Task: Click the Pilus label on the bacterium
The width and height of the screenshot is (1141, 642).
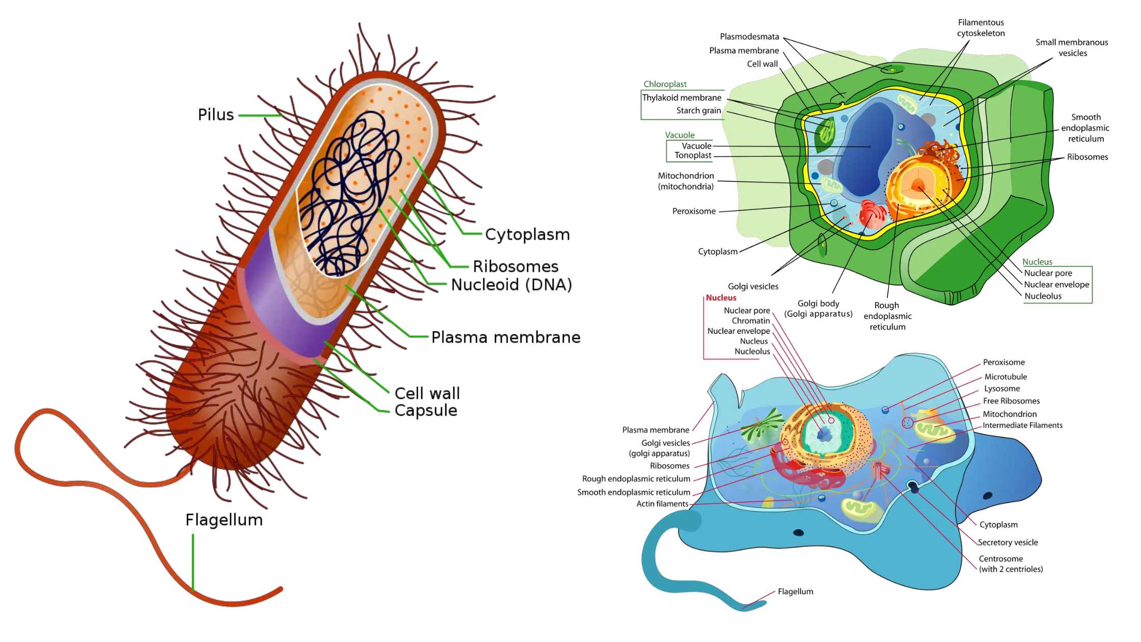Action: [215, 115]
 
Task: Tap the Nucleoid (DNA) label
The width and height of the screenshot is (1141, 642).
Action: [511, 284]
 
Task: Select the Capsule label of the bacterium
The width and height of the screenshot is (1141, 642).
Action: [425, 410]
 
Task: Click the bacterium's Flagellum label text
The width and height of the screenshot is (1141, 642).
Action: [224, 520]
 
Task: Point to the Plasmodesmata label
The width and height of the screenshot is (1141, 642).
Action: [749, 37]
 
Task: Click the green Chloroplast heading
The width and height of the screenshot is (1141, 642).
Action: [665, 84]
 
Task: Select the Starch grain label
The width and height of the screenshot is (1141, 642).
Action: [698, 111]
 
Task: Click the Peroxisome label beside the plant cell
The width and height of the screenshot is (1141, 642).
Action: [693, 211]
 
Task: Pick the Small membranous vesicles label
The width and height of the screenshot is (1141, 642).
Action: [1072, 47]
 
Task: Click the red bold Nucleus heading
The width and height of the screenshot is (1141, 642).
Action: [721, 298]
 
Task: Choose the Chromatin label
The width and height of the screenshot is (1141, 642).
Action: [750, 320]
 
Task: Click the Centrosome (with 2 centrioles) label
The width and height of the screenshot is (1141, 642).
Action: [1010, 564]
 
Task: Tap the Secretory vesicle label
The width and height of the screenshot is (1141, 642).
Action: [1008, 542]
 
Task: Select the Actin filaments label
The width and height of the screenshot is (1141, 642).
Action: [662, 503]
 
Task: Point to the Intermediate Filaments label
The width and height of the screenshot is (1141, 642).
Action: [1022, 425]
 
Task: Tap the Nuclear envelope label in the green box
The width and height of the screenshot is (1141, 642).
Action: [1056, 284]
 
